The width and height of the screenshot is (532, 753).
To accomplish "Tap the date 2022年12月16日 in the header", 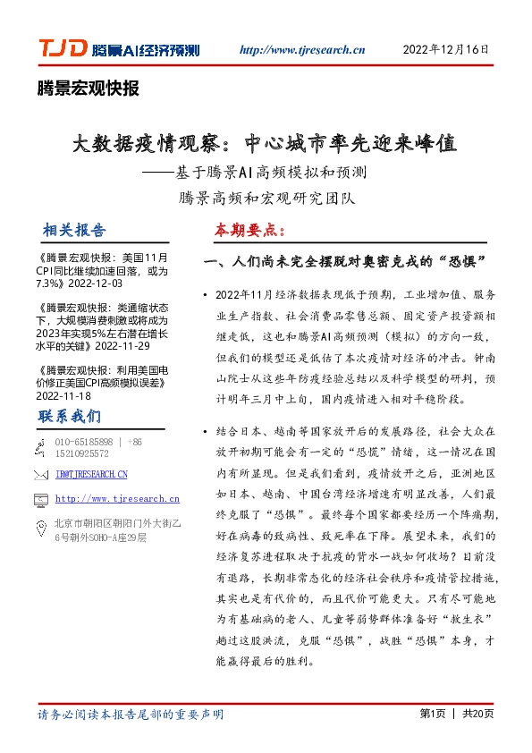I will point(447,50).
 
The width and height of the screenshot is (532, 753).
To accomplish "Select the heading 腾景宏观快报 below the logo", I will point(89,88).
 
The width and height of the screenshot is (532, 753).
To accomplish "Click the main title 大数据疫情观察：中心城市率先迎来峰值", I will point(265,144).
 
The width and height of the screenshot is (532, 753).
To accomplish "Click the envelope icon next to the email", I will point(40,474).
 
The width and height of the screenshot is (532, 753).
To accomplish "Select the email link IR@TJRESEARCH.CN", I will point(91,474).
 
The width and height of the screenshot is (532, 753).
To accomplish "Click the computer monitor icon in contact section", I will point(40,500).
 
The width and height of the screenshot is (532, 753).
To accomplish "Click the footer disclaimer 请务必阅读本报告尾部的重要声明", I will point(131,715).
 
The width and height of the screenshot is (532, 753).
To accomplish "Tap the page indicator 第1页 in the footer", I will point(431,715).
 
